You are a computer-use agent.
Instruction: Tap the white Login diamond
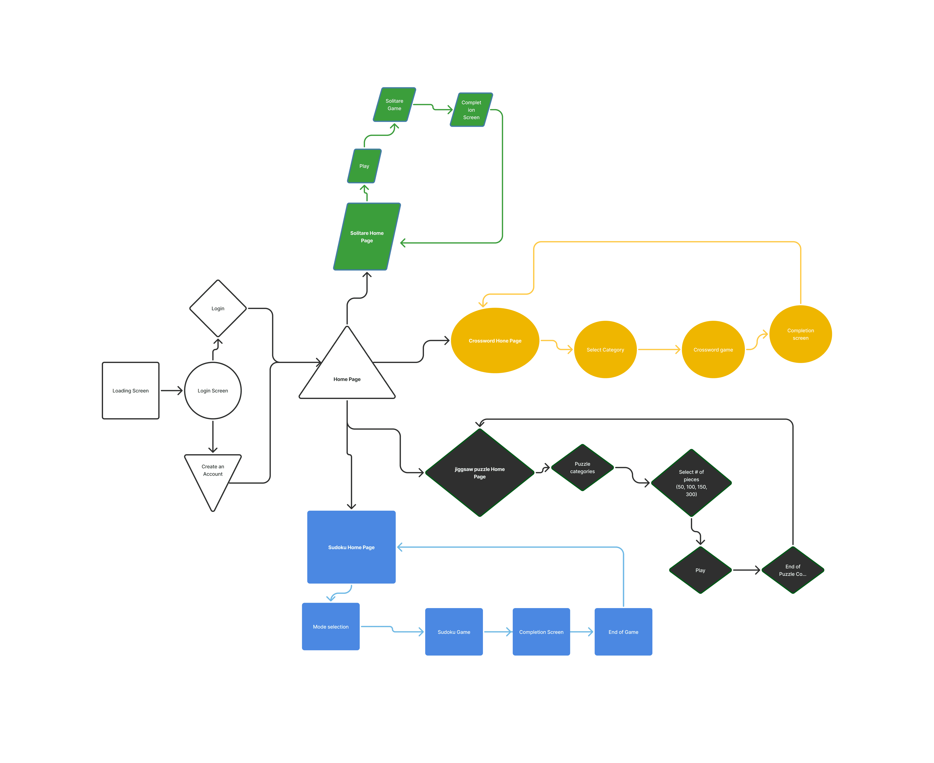[218, 309]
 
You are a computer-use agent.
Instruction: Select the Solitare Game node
[394, 105]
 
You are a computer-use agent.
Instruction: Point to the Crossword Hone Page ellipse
[495, 341]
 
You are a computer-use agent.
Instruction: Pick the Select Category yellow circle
[605, 349]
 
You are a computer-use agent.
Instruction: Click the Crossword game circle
[713, 349]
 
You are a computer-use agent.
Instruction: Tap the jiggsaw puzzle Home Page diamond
[480, 472]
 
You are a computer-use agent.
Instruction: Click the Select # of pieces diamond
[691, 483]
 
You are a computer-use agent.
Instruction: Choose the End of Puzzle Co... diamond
[793, 570]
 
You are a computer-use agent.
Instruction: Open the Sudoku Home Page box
[351, 547]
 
